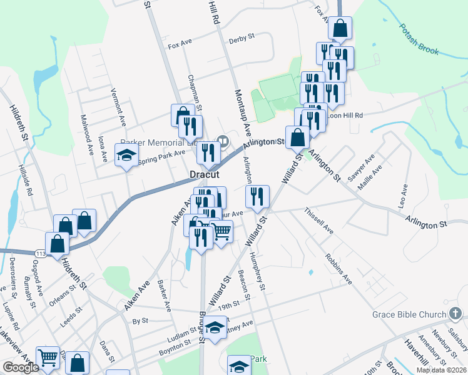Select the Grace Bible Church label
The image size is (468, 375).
[408, 313]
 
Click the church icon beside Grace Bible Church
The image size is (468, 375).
[455, 312]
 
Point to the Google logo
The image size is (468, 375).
[21, 367]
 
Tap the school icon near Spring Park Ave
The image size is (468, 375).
[126, 155]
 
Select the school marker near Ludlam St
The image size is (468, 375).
[215, 327]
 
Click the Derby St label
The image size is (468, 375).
[242, 37]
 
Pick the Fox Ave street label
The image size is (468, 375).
[180, 46]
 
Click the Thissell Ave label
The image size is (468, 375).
[319, 222]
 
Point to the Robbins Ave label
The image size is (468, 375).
[338, 269]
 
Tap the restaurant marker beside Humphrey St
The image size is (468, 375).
[257, 196]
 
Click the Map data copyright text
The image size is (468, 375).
[440, 370]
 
